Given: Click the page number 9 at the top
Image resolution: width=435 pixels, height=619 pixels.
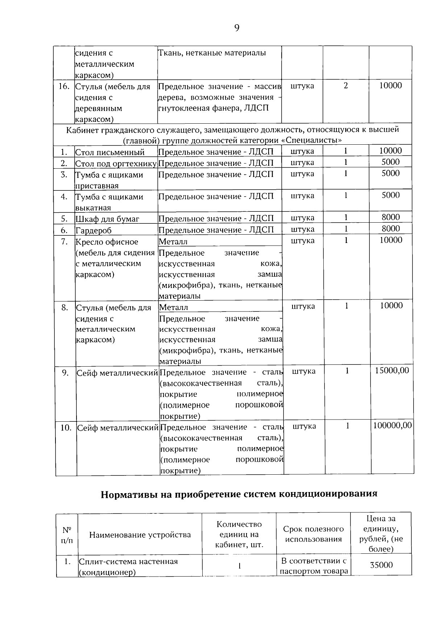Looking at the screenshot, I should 237,28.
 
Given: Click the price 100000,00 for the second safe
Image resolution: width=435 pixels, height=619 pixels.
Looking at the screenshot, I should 393,425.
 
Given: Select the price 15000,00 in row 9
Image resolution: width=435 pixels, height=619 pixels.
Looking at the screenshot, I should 392,370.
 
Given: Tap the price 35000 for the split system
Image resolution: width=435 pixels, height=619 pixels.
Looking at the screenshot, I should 381,565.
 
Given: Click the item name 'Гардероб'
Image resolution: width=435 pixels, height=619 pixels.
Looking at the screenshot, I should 94,230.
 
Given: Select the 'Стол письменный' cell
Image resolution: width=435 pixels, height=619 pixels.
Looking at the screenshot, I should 110,152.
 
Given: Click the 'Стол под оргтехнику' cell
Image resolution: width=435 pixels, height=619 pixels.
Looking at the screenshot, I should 116,164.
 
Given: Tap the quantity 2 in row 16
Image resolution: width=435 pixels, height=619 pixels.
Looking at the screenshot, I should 345,86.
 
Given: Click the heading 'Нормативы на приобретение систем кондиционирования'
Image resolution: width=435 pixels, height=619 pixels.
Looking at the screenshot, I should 239,494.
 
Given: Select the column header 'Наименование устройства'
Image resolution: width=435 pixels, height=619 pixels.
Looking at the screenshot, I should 140,535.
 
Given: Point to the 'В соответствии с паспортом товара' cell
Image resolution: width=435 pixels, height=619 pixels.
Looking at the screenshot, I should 314,566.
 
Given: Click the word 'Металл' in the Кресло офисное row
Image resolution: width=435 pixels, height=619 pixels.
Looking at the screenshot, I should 173,242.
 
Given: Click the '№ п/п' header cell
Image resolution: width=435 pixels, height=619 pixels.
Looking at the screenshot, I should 67,535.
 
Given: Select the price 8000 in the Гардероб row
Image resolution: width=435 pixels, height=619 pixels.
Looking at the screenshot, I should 391,228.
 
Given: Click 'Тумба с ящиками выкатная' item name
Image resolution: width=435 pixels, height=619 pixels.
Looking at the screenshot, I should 109,202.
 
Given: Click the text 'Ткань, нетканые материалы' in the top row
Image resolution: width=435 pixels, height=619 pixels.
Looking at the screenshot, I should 212,53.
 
